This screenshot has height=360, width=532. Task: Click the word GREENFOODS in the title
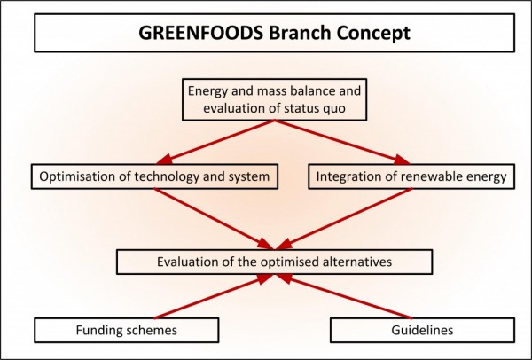[195, 35]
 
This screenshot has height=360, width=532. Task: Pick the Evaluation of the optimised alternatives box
[275, 262]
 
